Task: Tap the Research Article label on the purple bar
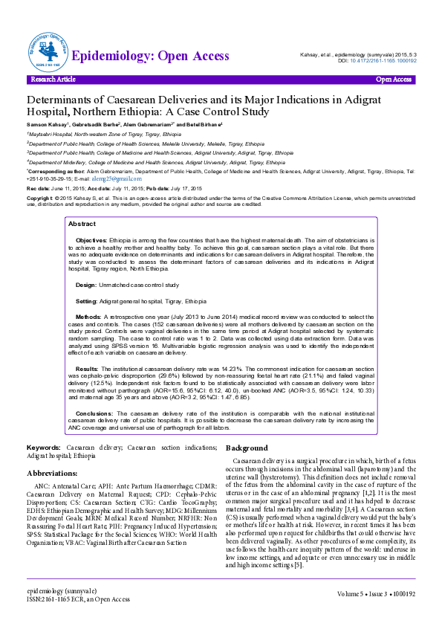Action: pos(53,80)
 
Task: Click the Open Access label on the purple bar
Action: pos(394,80)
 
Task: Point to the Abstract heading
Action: pos(82,203)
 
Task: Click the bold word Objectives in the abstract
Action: pos(92,221)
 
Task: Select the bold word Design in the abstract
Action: pos(86,264)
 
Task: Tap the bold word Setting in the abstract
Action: pos(87,280)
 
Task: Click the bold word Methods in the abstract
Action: pos(89,295)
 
